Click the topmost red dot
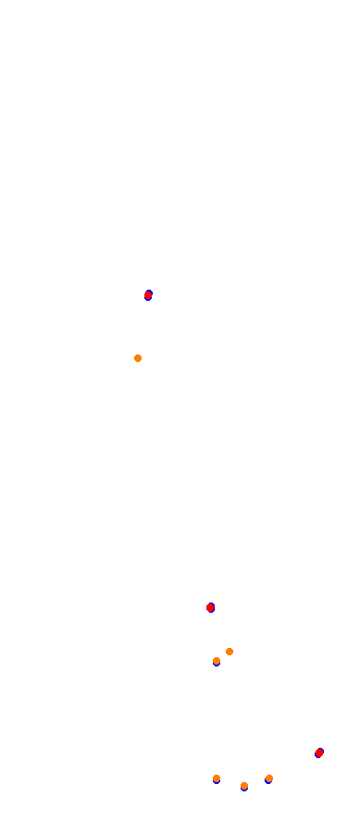coord(148,295)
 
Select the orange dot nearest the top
coord(138,358)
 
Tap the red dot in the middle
coord(210,607)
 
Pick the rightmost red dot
coord(319,752)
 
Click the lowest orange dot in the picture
coord(244,786)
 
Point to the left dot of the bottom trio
coord(217,778)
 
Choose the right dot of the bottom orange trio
coord(269,778)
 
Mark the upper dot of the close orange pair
coord(230,652)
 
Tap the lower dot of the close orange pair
coord(217,661)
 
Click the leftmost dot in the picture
coord(138,358)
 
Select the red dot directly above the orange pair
coord(210,607)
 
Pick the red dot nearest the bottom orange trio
coord(319,752)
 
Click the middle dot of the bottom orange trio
coord(244,786)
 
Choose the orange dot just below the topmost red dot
coord(138,358)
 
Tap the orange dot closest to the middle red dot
coord(230,652)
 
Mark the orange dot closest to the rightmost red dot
coord(269,778)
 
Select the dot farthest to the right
coord(319,752)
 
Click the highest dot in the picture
coord(148,295)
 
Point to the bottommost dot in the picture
coord(244,786)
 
